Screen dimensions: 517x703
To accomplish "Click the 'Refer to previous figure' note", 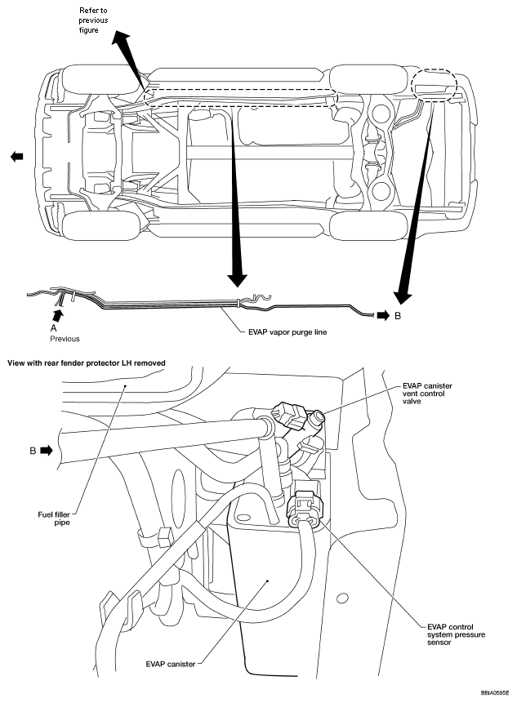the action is [93, 20].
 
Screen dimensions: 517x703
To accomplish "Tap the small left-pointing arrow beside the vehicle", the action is [16, 157].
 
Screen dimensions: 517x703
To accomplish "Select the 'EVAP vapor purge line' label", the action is [287, 332].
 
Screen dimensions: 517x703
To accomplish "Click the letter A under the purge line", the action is [54, 327].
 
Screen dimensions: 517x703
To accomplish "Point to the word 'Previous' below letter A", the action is [65, 339].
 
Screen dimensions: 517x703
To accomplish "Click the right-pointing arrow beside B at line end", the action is [383, 316].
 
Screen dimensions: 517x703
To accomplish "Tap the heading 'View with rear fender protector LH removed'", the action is [87, 363].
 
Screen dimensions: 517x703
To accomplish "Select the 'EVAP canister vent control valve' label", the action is [427, 394].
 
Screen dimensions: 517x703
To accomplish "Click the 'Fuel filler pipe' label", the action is [54, 518].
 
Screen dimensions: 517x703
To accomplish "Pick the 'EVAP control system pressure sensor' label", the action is [456, 634].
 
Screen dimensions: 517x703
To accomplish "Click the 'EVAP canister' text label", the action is [171, 664].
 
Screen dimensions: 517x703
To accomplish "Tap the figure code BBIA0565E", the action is [495, 692].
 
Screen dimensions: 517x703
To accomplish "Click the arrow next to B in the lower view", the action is [47, 450].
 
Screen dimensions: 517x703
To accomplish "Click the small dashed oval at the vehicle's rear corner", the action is [434, 85].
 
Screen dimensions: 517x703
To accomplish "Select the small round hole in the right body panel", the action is [342, 598].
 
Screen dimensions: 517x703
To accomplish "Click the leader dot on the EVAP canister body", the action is [268, 581].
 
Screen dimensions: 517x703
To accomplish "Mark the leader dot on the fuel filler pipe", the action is [125, 385].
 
